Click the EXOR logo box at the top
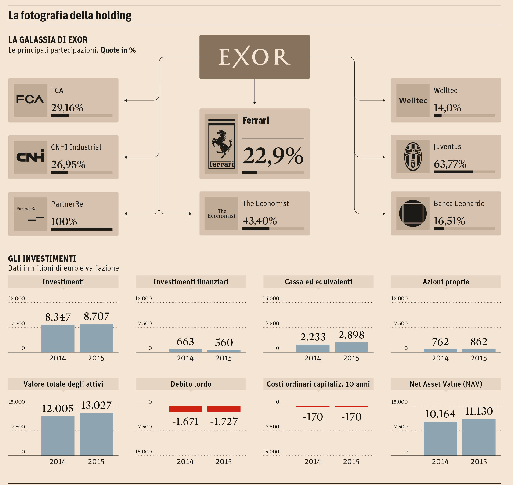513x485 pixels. pyautogui.click(x=254, y=57)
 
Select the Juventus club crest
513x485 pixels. pyautogui.click(x=413, y=157)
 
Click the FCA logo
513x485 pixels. pyautogui.click(x=30, y=100)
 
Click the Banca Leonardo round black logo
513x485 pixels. pyautogui.click(x=413, y=214)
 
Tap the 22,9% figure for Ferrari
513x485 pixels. pyautogui.click(x=273, y=156)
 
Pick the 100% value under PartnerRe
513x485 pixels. pyautogui.click(x=64, y=221)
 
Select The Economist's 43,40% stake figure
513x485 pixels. pyautogui.click(x=260, y=221)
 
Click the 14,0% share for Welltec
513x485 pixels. pyautogui.click(x=447, y=108)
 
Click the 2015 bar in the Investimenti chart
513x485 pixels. pyautogui.click(x=96, y=338)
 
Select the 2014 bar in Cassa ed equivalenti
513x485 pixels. pyautogui.click(x=313, y=348)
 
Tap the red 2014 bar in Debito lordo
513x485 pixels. pyautogui.click(x=185, y=409)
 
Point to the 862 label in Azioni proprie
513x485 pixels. pyautogui.click(x=479, y=342)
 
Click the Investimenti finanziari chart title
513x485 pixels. pyautogui.click(x=191, y=282)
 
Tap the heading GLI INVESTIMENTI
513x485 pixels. pyautogui.click(x=42, y=259)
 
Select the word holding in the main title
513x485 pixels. pyautogui.click(x=113, y=15)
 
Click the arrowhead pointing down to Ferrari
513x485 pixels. pyautogui.click(x=255, y=103)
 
